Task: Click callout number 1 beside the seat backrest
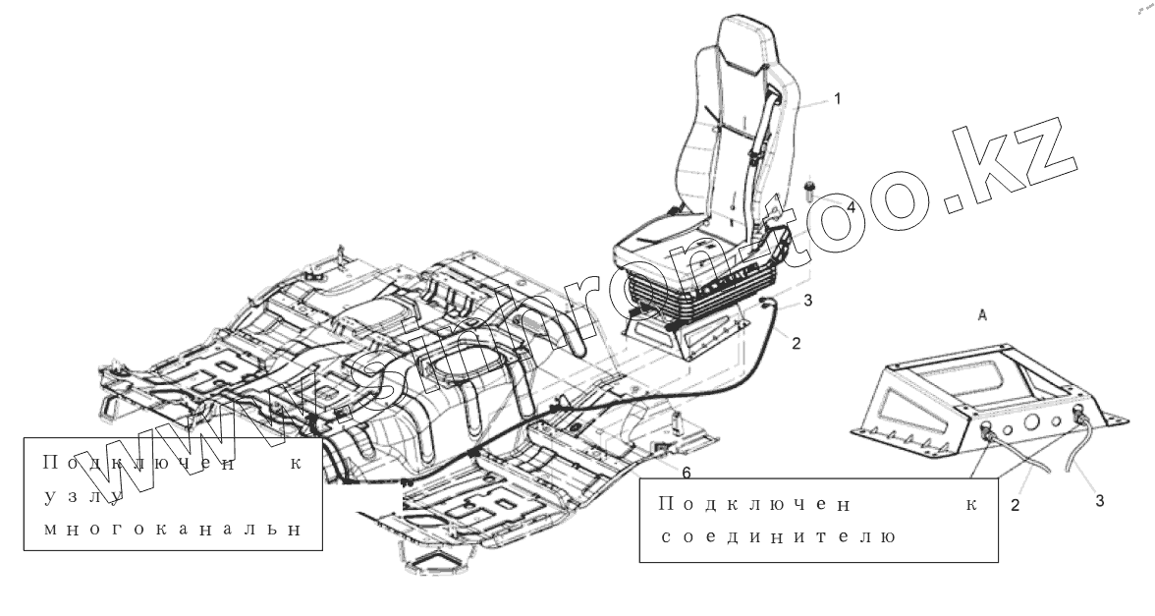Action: coord(837,99)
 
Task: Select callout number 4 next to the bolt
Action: coord(851,208)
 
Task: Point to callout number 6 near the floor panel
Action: coord(686,473)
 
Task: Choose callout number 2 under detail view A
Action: coord(1016,507)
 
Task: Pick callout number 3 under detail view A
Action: coord(1099,501)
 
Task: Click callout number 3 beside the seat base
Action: coord(807,301)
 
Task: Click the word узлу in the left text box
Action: coord(82,496)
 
